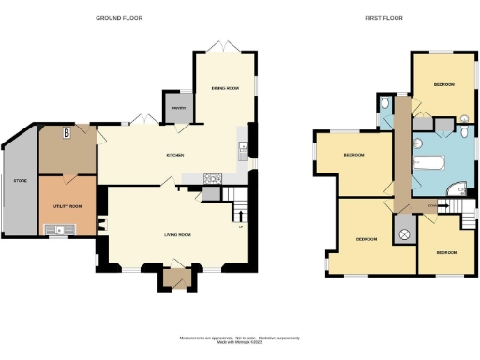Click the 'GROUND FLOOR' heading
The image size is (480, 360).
[118, 17]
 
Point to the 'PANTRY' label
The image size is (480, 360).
[176, 108]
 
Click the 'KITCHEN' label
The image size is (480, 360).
[174, 155]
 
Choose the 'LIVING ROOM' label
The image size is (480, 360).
[178, 234]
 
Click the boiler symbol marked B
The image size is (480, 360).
[66, 133]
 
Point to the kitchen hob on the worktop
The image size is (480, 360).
[212, 178]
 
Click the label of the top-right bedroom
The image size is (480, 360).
[444, 84]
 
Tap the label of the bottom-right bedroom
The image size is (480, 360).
[446, 252]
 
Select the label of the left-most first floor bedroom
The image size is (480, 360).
[353, 155]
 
